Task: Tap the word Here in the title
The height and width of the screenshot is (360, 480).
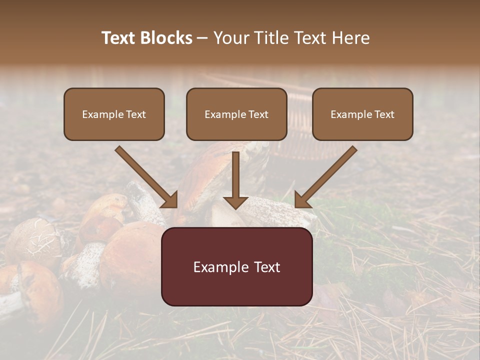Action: click(x=349, y=38)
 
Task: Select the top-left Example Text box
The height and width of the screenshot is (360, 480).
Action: click(x=114, y=114)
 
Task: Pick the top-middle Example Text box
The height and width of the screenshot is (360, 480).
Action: click(x=236, y=114)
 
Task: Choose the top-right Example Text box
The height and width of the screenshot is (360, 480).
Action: click(x=362, y=114)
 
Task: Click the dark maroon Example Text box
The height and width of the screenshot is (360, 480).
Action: click(x=236, y=266)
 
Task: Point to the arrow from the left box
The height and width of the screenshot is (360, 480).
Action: click(x=146, y=177)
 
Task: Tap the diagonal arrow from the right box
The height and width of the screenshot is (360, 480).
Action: click(x=326, y=177)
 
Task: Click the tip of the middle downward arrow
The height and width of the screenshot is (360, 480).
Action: click(x=235, y=207)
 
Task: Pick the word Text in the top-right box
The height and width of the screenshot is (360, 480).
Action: click(x=384, y=114)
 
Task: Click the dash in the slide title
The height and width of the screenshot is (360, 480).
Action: click(x=202, y=38)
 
